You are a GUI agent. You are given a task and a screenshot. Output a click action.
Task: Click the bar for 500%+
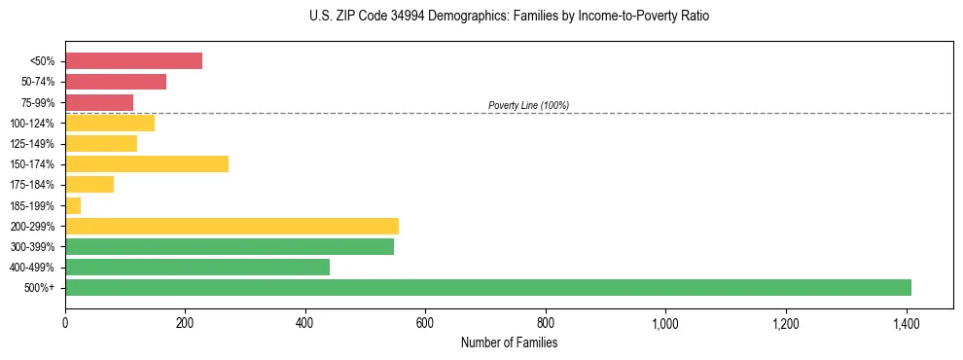(x=488, y=287)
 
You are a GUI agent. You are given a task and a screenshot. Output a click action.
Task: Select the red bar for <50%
(x=133, y=60)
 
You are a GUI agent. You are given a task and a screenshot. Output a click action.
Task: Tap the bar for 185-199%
(x=73, y=205)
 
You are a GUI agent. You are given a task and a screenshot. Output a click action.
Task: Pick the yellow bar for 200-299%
(x=232, y=226)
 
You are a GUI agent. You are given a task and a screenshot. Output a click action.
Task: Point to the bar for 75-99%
(x=99, y=102)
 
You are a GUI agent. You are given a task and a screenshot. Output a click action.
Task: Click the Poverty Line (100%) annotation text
(x=528, y=105)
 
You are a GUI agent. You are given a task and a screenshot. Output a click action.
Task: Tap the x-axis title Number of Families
(x=509, y=343)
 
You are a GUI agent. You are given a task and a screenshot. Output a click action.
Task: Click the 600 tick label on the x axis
(x=425, y=324)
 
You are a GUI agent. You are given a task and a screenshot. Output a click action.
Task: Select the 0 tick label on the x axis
(x=65, y=324)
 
